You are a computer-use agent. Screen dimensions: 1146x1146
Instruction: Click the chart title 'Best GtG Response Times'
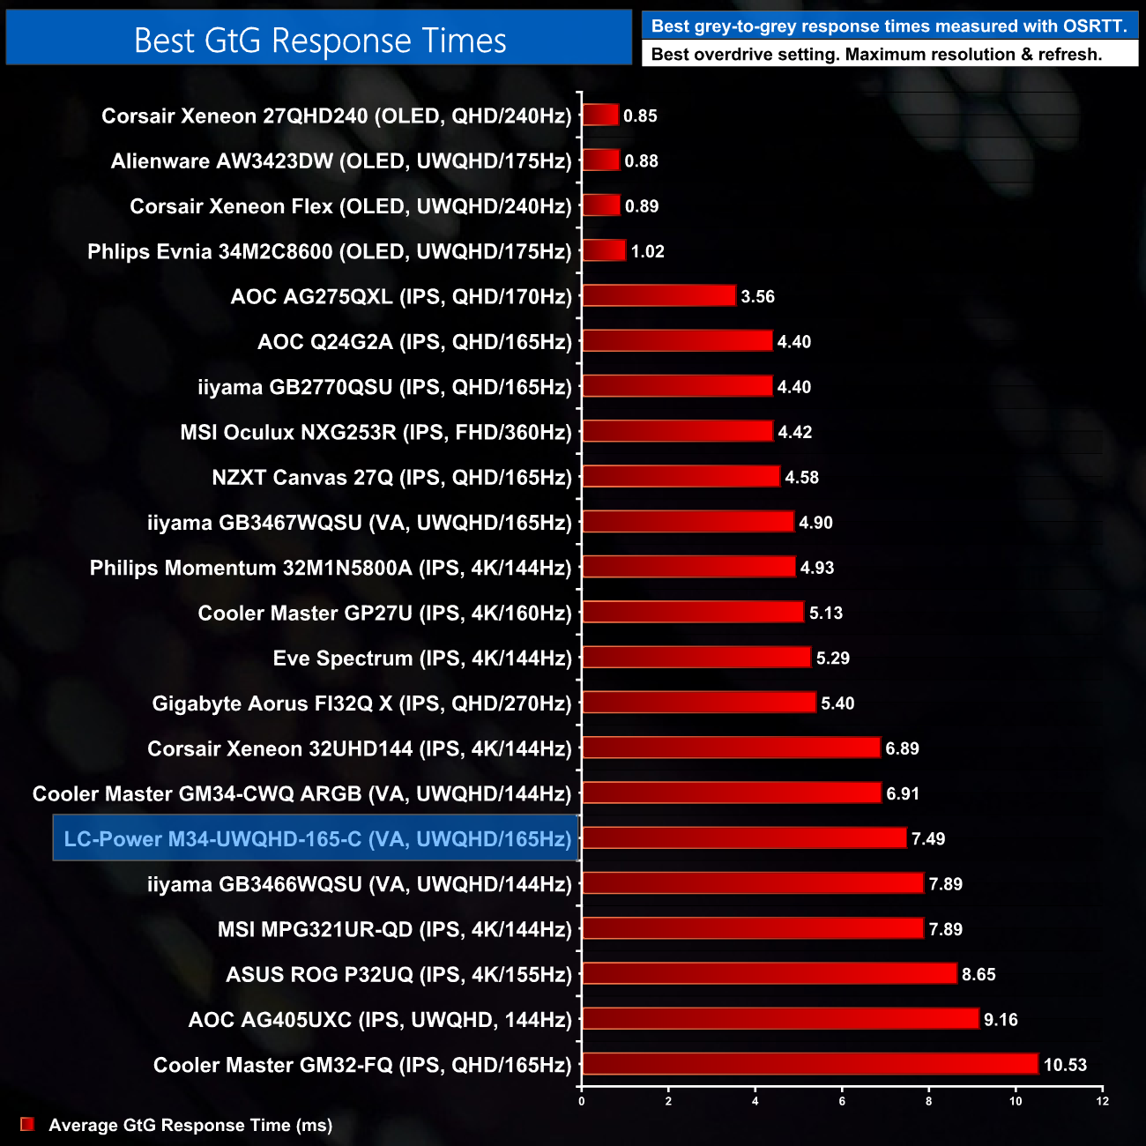320,41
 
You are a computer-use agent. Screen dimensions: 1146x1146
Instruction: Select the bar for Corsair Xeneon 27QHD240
600,115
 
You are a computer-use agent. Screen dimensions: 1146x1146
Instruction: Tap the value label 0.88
641,161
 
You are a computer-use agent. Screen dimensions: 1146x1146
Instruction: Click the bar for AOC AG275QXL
659,296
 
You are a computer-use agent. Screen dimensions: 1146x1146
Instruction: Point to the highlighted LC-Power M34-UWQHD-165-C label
316,838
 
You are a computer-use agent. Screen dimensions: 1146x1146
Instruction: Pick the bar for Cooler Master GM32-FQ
810,1064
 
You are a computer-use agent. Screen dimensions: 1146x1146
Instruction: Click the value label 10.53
1065,1065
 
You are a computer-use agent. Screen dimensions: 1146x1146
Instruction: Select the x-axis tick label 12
1102,1101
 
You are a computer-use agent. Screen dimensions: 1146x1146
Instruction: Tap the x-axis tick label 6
842,1101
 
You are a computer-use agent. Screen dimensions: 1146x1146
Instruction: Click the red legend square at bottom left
27,1124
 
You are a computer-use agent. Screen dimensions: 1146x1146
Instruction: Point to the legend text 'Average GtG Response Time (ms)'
190,1125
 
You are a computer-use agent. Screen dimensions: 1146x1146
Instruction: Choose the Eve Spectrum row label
421,658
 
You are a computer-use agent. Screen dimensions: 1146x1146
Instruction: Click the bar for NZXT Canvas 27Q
681,477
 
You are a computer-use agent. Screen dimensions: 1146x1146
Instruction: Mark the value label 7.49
928,838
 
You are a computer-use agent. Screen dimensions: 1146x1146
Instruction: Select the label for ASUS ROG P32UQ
398,974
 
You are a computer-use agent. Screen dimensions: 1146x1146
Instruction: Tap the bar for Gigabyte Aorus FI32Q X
699,703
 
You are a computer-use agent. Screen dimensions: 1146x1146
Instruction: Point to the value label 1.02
647,251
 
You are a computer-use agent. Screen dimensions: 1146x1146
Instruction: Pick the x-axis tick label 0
581,1101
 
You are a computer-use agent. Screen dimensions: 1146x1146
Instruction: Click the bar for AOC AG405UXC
780,1019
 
